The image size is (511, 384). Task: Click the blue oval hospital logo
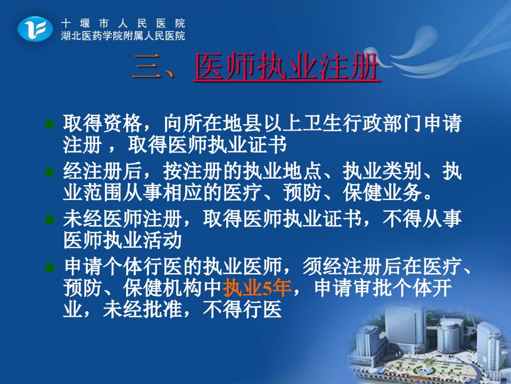(x=35, y=29)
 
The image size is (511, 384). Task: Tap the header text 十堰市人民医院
(x=123, y=23)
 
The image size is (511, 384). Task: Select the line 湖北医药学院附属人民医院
(x=123, y=36)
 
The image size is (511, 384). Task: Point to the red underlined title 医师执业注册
(x=287, y=67)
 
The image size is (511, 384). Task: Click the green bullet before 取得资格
(x=50, y=124)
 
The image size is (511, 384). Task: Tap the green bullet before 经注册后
(x=50, y=172)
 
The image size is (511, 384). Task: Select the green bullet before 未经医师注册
(x=50, y=219)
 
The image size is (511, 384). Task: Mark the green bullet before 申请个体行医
(x=50, y=268)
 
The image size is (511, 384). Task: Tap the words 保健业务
(x=383, y=193)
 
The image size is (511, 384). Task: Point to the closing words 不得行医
(x=242, y=309)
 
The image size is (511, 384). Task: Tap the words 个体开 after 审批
(x=423, y=288)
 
